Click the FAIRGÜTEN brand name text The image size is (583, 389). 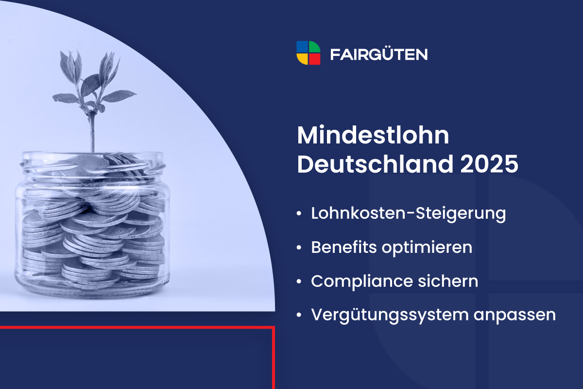click(379, 54)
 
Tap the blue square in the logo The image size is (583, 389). click(302, 47)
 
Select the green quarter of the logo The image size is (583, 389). click(315, 47)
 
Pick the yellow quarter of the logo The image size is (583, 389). click(302, 59)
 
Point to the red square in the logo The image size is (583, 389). click(315, 59)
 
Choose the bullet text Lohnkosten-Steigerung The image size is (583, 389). click(409, 214)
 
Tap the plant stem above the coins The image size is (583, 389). click(91, 131)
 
